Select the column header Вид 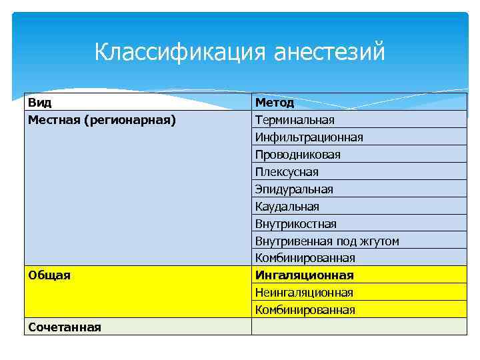(40, 103)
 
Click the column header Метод (274, 103)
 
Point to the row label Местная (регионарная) (102, 120)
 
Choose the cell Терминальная (294, 120)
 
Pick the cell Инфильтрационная (309, 137)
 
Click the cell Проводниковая (297, 155)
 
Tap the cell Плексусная (287, 172)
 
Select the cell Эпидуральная (293, 189)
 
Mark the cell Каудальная (287, 207)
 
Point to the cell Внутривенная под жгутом (327, 241)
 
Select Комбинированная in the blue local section (305, 258)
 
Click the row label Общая (49, 275)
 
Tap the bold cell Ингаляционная (304, 275)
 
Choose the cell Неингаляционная (305, 293)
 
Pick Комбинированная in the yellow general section (305, 310)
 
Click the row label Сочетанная (64, 327)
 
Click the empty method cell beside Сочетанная (359, 327)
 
